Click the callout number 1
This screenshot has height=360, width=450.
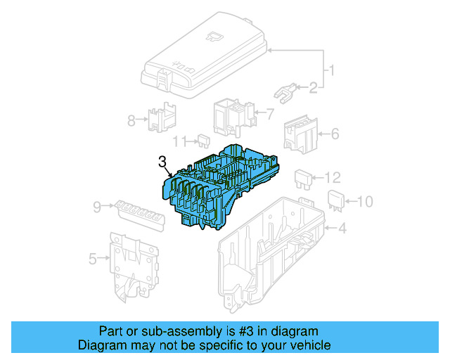(x=332, y=71)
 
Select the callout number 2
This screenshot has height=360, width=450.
(x=312, y=88)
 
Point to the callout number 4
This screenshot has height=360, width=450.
(x=342, y=228)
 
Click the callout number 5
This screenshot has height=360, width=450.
(x=93, y=259)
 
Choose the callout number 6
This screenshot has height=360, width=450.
(x=335, y=133)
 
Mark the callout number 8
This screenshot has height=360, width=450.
(x=131, y=120)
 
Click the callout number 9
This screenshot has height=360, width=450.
(x=97, y=207)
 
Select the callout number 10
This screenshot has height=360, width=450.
(x=364, y=202)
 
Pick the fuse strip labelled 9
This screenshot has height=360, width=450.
(x=137, y=210)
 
